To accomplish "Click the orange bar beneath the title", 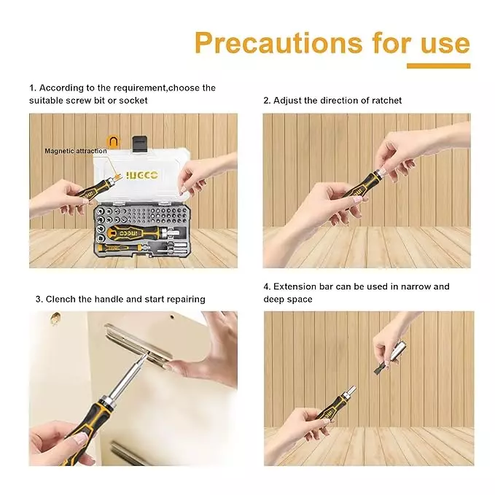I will click(x=437, y=66).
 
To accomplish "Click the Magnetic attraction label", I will click(x=75, y=151).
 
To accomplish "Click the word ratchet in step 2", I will click(x=386, y=100).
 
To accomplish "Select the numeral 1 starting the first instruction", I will click(x=32, y=87).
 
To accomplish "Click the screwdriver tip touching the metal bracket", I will click(x=147, y=355).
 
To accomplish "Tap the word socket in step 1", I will click(x=133, y=100).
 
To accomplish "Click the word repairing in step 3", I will click(x=184, y=299).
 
